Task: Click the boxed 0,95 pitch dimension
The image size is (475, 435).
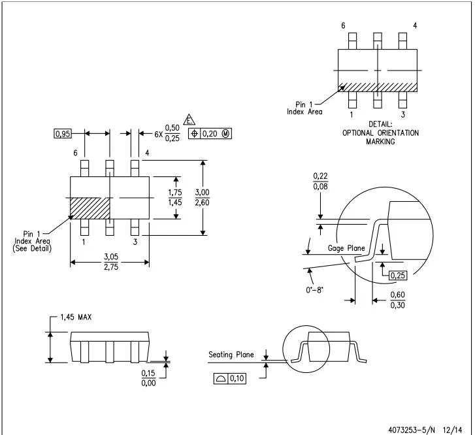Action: [x=63, y=134]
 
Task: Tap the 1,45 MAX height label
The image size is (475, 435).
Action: [x=76, y=317]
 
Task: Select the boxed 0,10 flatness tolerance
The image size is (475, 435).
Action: [x=230, y=378]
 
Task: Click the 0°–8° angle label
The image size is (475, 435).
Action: [x=314, y=290]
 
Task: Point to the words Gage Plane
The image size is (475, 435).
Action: [x=346, y=248]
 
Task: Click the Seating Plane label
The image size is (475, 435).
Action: [x=231, y=355]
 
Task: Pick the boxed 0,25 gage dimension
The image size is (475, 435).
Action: [x=398, y=276]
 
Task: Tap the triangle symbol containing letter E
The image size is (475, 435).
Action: [x=189, y=120]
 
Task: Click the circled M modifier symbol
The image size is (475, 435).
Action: [x=225, y=134]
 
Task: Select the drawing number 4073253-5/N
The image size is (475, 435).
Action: [x=412, y=430]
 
